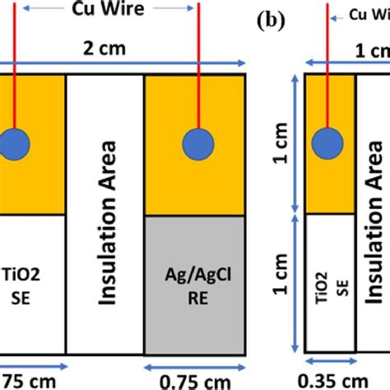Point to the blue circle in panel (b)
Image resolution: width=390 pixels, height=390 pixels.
(x=332, y=139)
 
